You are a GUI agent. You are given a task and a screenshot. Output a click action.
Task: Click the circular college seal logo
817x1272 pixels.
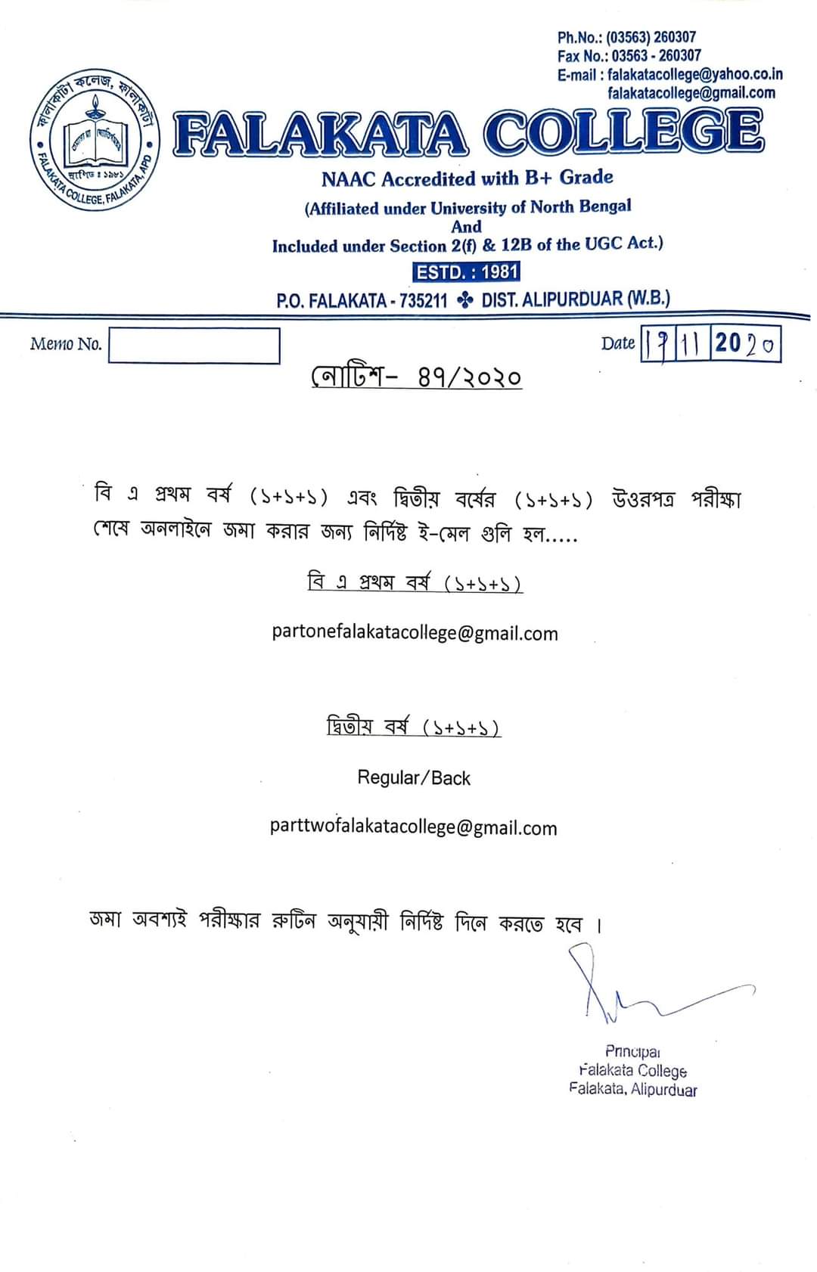point(95,144)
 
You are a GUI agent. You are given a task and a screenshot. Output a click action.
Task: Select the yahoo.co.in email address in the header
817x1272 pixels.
point(694,74)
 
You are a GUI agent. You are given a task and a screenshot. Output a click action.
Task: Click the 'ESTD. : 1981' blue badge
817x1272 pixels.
point(467,271)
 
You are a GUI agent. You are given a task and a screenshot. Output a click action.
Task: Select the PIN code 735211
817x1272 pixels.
point(423,300)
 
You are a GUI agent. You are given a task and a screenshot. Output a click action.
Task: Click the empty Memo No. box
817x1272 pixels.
point(194,346)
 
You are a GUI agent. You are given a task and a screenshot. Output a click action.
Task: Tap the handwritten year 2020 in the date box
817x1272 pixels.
point(745,344)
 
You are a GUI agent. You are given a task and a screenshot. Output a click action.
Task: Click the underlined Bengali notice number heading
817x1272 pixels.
point(416,376)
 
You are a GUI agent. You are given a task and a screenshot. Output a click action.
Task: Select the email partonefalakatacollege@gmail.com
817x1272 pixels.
point(415,633)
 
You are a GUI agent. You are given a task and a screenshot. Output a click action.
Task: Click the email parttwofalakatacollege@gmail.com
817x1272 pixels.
point(413,827)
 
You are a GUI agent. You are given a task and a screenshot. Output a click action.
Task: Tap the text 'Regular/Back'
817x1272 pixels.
point(414,777)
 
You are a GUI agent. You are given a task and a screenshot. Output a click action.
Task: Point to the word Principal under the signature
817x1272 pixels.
point(633,1051)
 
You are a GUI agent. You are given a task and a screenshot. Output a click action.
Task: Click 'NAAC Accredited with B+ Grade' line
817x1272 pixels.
point(467,178)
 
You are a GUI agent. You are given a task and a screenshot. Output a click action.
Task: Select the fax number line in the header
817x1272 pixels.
point(629,55)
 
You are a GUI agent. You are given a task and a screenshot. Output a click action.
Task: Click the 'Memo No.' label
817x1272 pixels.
point(66,344)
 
